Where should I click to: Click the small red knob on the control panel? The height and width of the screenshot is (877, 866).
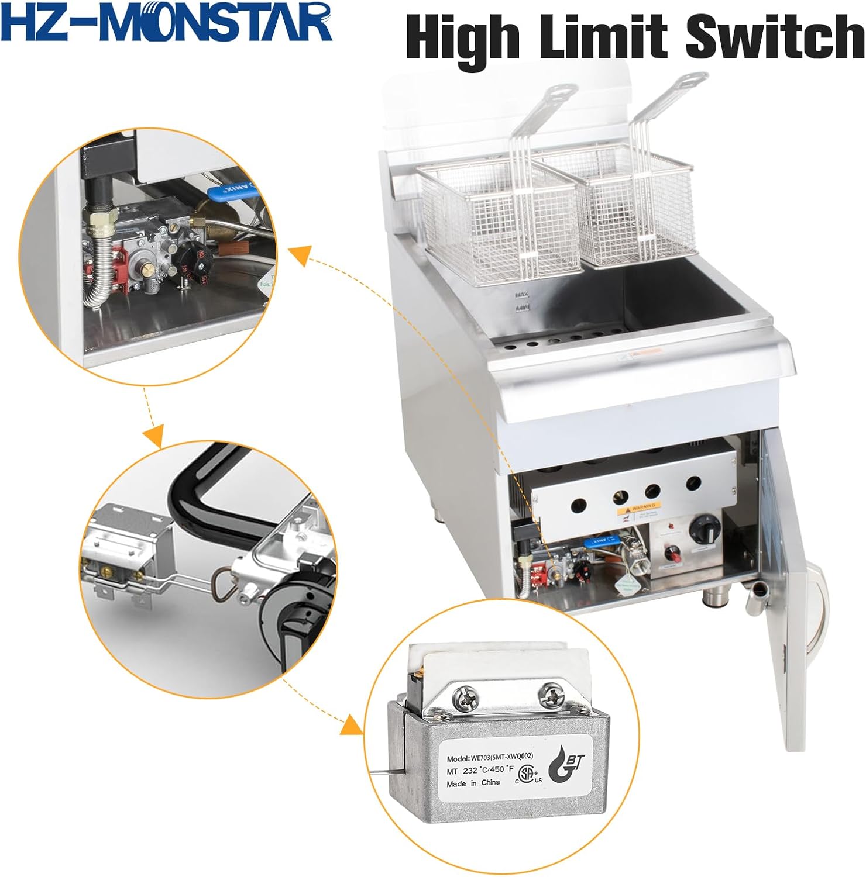point(673,553)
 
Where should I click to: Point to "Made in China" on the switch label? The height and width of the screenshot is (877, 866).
point(473,783)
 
